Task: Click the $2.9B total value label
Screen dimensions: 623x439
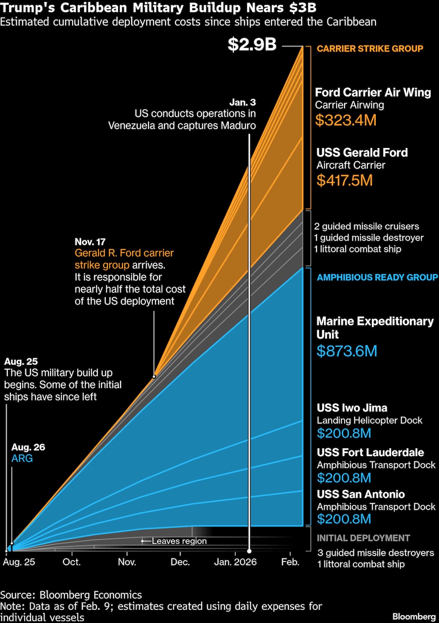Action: [252, 45]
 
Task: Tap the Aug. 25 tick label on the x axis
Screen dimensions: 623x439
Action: [19, 562]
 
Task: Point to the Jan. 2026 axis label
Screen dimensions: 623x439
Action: [235, 562]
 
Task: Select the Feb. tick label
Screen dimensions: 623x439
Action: [290, 562]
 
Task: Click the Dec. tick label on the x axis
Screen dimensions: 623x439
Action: [180, 562]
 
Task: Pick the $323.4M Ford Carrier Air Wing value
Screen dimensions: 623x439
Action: [345, 120]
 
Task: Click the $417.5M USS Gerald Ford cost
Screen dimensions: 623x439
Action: [344, 180]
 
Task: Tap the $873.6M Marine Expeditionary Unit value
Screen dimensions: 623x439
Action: [346, 351]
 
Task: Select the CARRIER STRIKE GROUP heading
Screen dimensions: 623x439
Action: [370, 49]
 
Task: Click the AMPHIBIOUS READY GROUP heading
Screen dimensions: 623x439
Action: [377, 277]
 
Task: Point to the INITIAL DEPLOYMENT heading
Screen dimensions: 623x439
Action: [363, 538]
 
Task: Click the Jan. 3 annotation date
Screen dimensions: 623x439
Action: [242, 102]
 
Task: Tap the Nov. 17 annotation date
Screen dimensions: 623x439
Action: [90, 242]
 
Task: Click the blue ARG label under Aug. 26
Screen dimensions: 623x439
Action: [22, 458]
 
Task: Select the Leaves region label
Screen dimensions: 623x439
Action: [179, 541]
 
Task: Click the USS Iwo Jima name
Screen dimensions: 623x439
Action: [352, 408]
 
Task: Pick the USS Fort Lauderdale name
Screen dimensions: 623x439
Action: [370, 453]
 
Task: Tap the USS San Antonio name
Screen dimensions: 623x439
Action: [360, 494]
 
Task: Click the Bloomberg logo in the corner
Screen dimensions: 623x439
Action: [414, 616]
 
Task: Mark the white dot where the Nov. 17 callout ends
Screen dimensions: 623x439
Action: [154, 377]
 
